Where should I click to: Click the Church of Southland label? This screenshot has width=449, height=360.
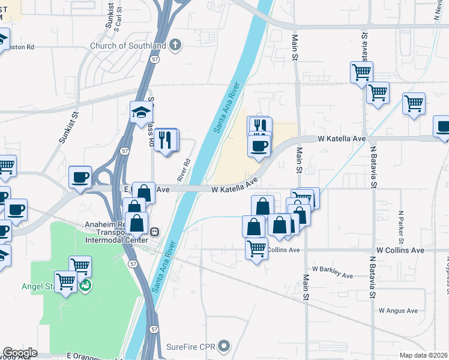coord(128,45)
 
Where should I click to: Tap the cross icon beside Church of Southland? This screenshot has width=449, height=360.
coord(175,44)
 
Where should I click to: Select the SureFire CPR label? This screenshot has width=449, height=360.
coord(191,346)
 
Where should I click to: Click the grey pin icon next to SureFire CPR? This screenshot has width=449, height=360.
coord(224,346)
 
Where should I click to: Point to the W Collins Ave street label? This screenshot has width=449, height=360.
coord(400,250)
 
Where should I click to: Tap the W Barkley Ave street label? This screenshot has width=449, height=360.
coord(332,272)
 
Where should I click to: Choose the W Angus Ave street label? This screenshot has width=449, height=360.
coord(398,310)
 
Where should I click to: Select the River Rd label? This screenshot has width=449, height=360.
coord(184,170)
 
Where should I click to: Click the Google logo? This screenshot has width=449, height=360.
coord(20,353)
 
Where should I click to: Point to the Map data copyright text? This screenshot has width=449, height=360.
coord(424,355)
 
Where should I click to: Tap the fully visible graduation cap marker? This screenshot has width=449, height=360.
coord(142,112)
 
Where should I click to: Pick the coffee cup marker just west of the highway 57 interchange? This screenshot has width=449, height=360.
coord(80,177)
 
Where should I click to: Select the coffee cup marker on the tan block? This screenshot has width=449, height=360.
coord(259,146)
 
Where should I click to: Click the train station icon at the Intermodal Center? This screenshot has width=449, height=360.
coord(154,232)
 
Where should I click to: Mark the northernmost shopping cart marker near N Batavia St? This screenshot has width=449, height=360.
coord(361,73)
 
